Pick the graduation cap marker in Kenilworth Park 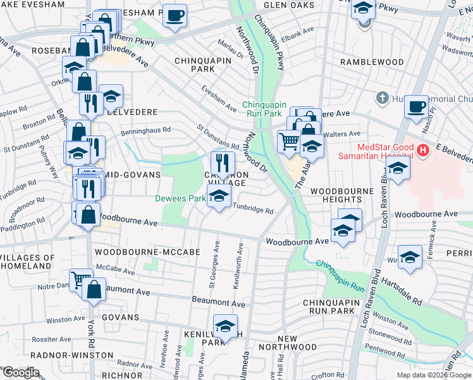224,326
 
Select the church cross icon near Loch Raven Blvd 381,98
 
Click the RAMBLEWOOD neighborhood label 372,62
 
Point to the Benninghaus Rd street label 146,131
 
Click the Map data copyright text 434,375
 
